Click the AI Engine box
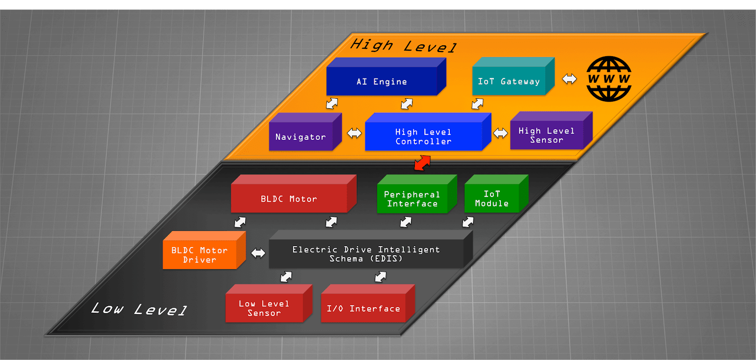(x=382, y=81)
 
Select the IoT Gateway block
(x=509, y=81)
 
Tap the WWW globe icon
(x=609, y=79)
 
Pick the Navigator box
(x=301, y=137)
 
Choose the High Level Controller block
(x=423, y=137)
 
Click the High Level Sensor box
(x=547, y=135)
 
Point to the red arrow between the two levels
(x=422, y=163)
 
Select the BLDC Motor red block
(x=289, y=198)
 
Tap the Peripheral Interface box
(x=412, y=199)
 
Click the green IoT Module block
(x=492, y=198)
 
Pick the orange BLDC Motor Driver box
(x=199, y=255)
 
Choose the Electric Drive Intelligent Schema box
(x=366, y=254)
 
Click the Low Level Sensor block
(x=264, y=308)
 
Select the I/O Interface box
(x=363, y=309)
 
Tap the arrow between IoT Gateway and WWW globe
(x=569, y=79)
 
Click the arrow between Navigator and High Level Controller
(x=354, y=133)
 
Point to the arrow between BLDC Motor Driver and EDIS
(x=258, y=253)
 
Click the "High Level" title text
(x=403, y=46)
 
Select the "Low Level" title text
(x=139, y=309)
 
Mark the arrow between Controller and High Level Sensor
(x=500, y=133)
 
